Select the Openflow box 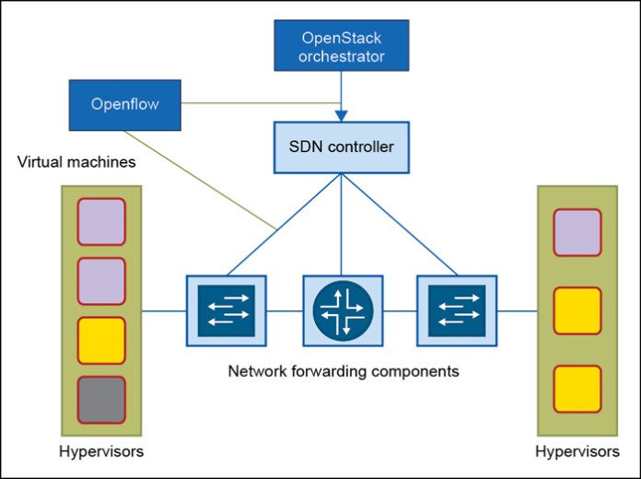(124, 104)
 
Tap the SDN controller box (342, 146)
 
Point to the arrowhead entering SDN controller (342, 115)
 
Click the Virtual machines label (76, 162)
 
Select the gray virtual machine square (101, 400)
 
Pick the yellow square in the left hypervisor (101, 340)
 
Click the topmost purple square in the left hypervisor (101, 221)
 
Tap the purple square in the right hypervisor (577, 232)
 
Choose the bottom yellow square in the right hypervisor (577, 388)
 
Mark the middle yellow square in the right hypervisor (577, 310)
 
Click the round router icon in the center (343, 311)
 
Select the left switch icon (226, 310)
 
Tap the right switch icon (457, 310)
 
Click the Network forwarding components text (343, 372)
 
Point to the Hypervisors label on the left (100, 452)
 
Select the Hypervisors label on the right (577, 452)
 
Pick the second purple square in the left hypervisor (101, 281)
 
